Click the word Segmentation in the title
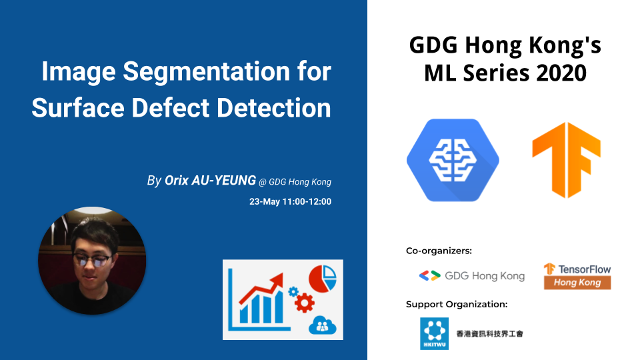[x=207, y=72]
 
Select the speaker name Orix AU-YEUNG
[x=210, y=180]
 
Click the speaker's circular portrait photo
[x=92, y=261]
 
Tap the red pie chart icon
[x=323, y=279]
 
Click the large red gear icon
[x=305, y=303]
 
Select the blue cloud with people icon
[x=323, y=325]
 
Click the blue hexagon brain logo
[x=453, y=160]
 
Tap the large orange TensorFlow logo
[x=566, y=160]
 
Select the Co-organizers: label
[x=439, y=251]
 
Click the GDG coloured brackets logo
[x=430, y=276]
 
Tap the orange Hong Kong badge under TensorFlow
[x=577, y=283]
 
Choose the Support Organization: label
[x=457, y=304]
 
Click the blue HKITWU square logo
[x=434, y=333]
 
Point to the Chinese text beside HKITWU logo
[x=489, y=334]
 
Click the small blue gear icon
[x=293, y=291]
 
